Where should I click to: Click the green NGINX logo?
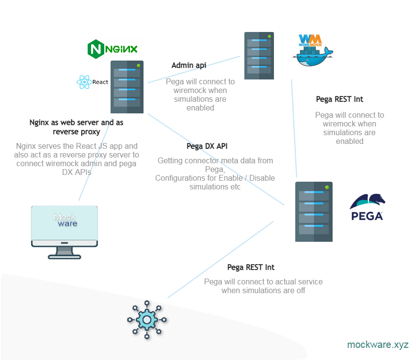(x=112, y=49)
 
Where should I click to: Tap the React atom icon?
(x=84, y=82)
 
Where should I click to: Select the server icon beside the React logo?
(x=127, y=87)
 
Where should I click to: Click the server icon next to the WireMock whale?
(x=259, y=56)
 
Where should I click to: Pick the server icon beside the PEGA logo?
(x=314, y=212)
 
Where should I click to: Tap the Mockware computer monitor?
(x=64, y=225)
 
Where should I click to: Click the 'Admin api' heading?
(x=189, y=65)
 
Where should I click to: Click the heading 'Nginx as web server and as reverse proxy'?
(x=77, y=127)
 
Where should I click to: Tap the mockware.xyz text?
(x=378, y=345)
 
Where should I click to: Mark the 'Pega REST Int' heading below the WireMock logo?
(x=339, y=99)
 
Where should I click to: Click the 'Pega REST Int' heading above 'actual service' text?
(x=251, y=267)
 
